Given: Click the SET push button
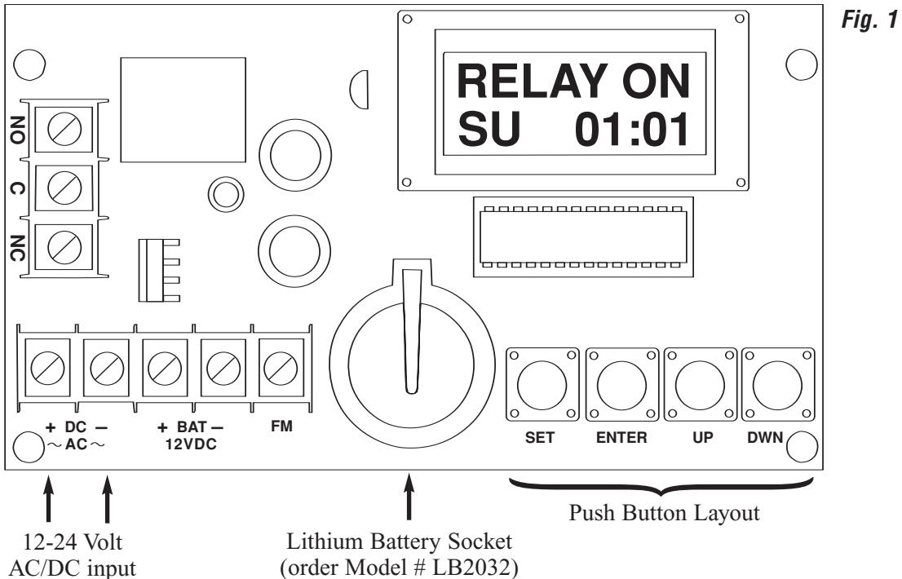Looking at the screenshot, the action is point(542,385).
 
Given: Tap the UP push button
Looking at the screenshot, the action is point(700,385).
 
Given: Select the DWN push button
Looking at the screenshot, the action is point(778,385).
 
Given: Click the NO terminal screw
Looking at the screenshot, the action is point(64,128).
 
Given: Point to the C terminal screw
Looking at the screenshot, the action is point(64,188).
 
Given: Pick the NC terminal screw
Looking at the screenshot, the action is point(64,246).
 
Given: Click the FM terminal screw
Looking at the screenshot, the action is point(281,368).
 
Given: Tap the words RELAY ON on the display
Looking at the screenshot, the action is point(573,82).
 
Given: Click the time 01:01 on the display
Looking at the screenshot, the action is point(631,130).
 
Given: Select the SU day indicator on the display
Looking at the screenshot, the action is point(489,130).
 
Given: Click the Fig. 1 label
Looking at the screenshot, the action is point(869,20).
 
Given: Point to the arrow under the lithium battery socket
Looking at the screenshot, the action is point(409,497).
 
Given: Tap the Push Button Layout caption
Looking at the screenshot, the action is point(664,512).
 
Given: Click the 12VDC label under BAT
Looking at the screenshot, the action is point(190,444).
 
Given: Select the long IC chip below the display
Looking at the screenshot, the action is point(583,236).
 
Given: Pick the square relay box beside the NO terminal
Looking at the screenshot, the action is point(183,110).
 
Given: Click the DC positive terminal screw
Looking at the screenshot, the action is point(48,368).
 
